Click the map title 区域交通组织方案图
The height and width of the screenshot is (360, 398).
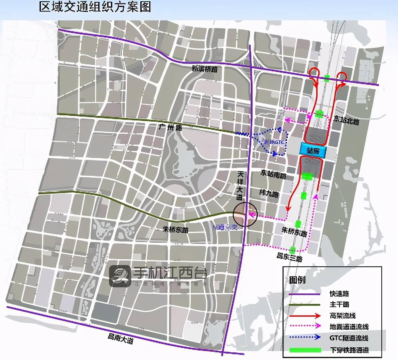coord(95,7)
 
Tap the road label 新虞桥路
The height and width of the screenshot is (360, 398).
coord(204,68)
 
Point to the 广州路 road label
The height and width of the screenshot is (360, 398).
coord(170,127)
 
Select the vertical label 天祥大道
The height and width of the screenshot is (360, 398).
coord(240,185)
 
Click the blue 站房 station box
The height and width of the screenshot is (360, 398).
coord(313,151)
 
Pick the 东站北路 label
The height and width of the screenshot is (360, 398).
coord(346,120)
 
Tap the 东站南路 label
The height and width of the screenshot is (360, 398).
coord(273,174)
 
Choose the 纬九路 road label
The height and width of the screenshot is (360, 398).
coord(269,193)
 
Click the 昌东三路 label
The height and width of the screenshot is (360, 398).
coord(289,256)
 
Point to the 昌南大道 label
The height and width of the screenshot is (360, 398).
coord(120,338)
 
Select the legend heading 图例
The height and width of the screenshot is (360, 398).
coord(297,280)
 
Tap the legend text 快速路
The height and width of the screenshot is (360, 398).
coord(339,294)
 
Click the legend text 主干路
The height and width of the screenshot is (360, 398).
coord(339,305)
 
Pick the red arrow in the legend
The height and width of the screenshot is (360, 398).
coord(305,316)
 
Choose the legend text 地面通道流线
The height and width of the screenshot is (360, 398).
coord(349,327)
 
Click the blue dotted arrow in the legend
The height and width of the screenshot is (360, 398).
coord(305,338)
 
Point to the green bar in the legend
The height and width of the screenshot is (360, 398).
coord(305,350)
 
